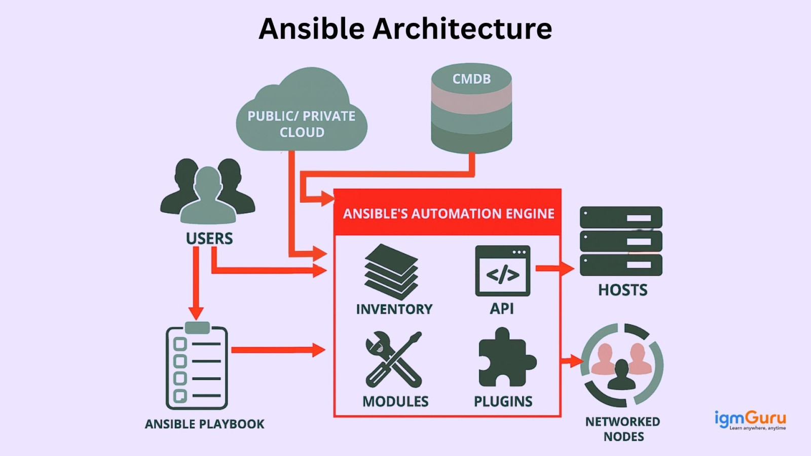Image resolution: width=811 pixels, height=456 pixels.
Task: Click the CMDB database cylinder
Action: pyautogui.click(x=471, y=109)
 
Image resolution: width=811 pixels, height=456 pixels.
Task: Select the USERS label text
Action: pyautogui.click(x=209, y=238)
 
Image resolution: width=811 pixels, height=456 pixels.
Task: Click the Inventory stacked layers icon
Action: pyautogui.click(x=391, y=272)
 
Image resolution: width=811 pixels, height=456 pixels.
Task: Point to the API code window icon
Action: pyautogui.click(x=502, y=271)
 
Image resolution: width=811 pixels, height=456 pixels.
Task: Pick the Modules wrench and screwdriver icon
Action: pyautogui.click(x=394, y=360)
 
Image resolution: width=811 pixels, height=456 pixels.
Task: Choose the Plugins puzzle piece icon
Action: pyautogui.click(x=506, y=359)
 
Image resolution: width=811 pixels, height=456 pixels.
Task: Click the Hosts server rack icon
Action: pyautogui.click(x=621, y=241)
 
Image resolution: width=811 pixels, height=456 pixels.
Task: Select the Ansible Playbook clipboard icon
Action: pyautogui.click(x=197, y=366)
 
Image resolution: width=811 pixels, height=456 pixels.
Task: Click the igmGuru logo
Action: pyautogui.click(x=750, y=420)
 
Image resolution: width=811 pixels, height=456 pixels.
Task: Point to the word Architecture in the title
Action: pyautogui.click(x=462, y=28)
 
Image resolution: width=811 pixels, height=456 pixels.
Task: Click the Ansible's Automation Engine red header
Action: pyautogui.click(x=448, y=213)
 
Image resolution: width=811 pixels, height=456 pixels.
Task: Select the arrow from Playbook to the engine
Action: pyautogui.click(x=278, y=350)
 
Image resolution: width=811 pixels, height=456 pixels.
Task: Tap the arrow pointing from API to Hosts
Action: pyautogui.click(x=555, y=269)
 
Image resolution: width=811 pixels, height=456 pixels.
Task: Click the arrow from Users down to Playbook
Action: pyautogui.click(x=196, y=284)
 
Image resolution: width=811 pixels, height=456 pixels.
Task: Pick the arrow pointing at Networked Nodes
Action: pyautogui.click(x=572, y=361)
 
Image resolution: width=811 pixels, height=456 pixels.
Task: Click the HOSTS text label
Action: pyautogui.click(x=622, y=290)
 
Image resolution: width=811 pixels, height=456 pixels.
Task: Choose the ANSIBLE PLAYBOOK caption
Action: pyautogui.click(x=205, y=424)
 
